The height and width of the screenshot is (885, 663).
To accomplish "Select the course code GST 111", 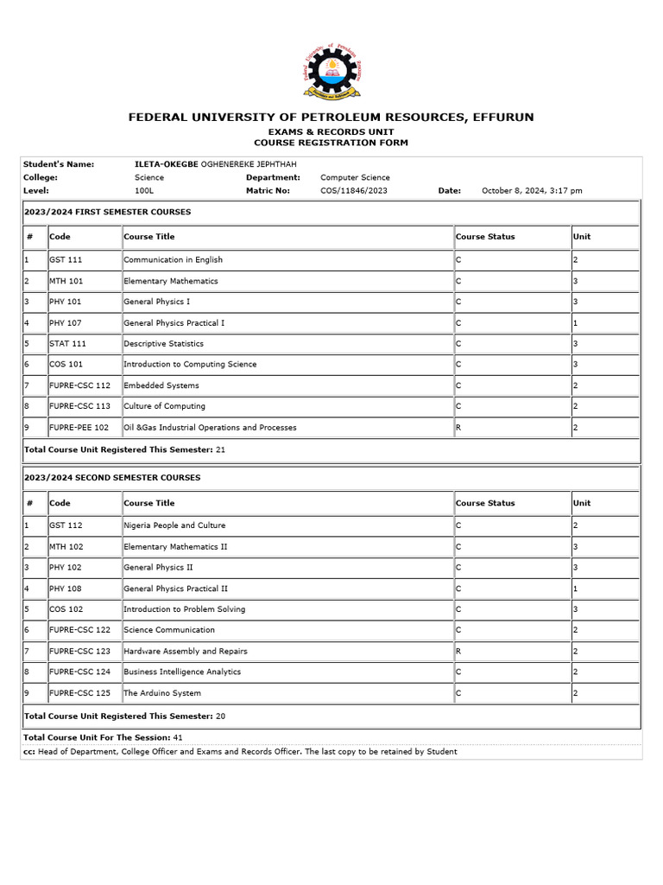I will pos(66,259).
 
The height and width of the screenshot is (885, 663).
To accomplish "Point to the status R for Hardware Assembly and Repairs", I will pos(458,651).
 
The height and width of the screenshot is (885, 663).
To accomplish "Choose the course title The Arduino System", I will pos(162,693).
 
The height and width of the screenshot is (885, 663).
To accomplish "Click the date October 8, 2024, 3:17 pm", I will pos(532,191).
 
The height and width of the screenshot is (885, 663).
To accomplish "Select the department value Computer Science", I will pos(355,177).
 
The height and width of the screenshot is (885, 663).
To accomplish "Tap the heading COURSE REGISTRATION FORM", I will pos(331,143).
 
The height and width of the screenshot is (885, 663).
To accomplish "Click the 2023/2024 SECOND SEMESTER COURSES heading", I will pos(112,477).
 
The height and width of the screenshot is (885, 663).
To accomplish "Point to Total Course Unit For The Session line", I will pos(103,737).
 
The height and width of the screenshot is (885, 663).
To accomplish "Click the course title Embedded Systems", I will pos(161,385).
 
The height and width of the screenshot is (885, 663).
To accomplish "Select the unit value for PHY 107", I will pos(575,322).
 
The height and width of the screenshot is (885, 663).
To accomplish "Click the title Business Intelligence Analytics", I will pos(182,672).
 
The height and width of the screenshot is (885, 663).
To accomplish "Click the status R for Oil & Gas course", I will pos(458,427).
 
